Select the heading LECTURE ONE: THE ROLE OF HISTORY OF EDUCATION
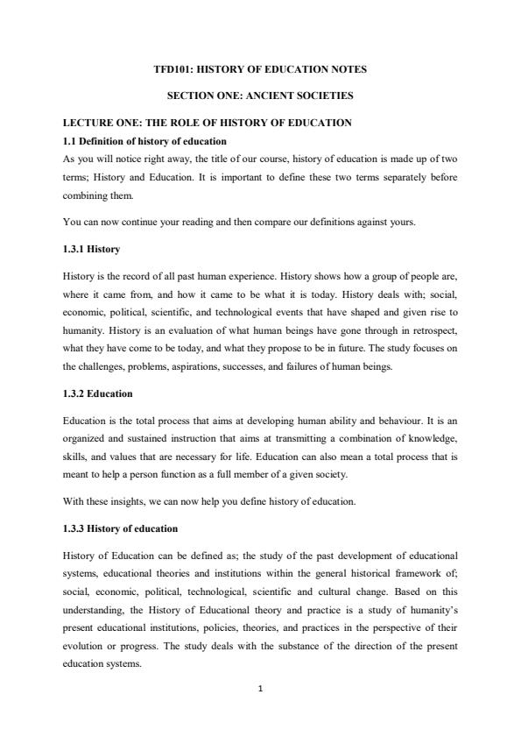pos(208,123)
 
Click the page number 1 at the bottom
pos(261,688)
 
